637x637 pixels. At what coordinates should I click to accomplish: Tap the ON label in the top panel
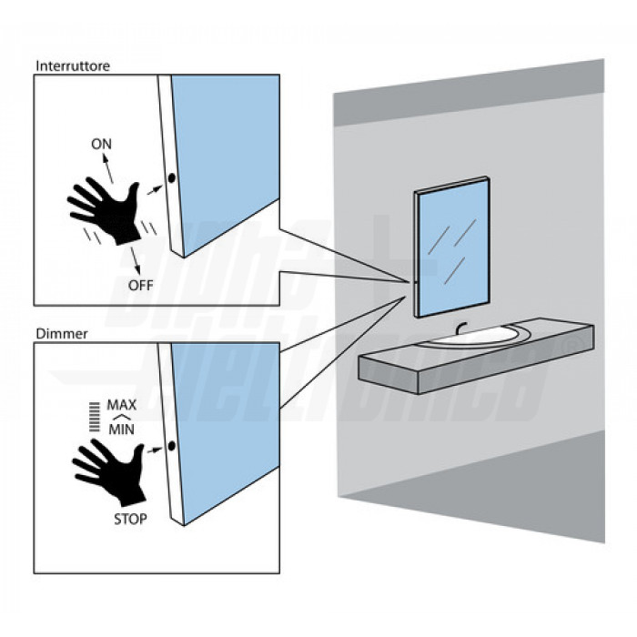click(x=102, y=145)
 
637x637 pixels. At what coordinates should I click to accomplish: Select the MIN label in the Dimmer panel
click(x=121, y=429)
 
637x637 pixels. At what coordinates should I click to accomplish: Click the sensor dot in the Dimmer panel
click(x=171, y=446)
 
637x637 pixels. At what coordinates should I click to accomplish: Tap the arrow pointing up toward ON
click(x=108, y=167)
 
